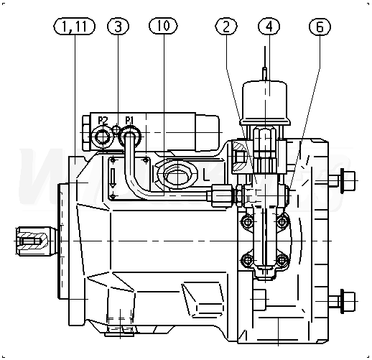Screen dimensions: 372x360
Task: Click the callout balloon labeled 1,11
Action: (x=74, y=26)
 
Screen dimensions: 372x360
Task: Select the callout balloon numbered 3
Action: (x=118, y=26)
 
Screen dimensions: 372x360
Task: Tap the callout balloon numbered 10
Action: (x=163, y=26)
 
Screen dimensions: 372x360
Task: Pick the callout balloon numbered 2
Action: (x=226, y=26)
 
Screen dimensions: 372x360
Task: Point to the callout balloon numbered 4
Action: (x=269, y=26)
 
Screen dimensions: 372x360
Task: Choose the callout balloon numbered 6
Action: (x=320, y=26)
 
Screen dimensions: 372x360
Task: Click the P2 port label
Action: (x=103, y=120)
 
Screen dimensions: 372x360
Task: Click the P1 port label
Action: (x=129, y=120)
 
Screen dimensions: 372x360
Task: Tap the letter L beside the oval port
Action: (x=206, y=175)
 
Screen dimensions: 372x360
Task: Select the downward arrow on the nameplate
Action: (x=113, y=177)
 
